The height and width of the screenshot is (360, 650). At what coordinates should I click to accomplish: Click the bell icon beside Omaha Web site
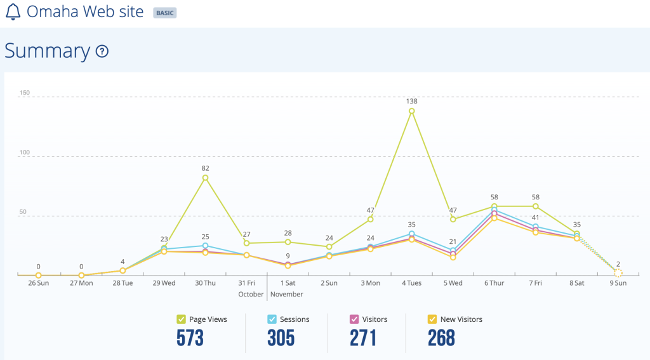(13, 11)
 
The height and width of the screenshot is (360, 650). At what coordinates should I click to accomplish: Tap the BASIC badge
(165, 13)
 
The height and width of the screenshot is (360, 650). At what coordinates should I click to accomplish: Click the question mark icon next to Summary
(102, 51)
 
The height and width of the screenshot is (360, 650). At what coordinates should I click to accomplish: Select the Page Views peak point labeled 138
(411, 110)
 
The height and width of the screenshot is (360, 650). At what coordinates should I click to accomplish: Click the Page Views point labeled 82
(205, 178)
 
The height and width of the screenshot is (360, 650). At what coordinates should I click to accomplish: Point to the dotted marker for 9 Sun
(618, 273)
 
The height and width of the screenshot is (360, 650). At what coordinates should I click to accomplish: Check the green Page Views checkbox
(181, 319)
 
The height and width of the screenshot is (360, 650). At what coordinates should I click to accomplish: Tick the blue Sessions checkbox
(272, 319)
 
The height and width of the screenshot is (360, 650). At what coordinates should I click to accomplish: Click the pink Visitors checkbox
(354, 319)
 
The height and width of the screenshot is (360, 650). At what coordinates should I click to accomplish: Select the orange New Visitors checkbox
(432, 319)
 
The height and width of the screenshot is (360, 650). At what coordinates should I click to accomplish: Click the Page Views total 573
(190, 338)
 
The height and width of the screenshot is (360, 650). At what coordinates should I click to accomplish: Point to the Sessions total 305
(281, 338)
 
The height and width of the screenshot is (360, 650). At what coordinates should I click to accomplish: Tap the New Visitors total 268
(442, 338)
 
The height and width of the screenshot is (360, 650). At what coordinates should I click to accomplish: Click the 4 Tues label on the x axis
(411, 283)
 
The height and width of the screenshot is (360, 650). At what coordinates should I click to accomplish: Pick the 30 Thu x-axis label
(205, 283)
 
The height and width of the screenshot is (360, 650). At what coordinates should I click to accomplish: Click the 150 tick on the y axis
(25, 93)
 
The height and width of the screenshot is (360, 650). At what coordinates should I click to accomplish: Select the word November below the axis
(287, 294)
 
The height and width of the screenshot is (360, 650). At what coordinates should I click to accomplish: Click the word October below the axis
(251, 294)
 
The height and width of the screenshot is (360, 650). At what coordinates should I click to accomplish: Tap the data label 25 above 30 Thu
(205, 237)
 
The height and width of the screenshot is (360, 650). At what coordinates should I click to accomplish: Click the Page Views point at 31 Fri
(247, 243)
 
